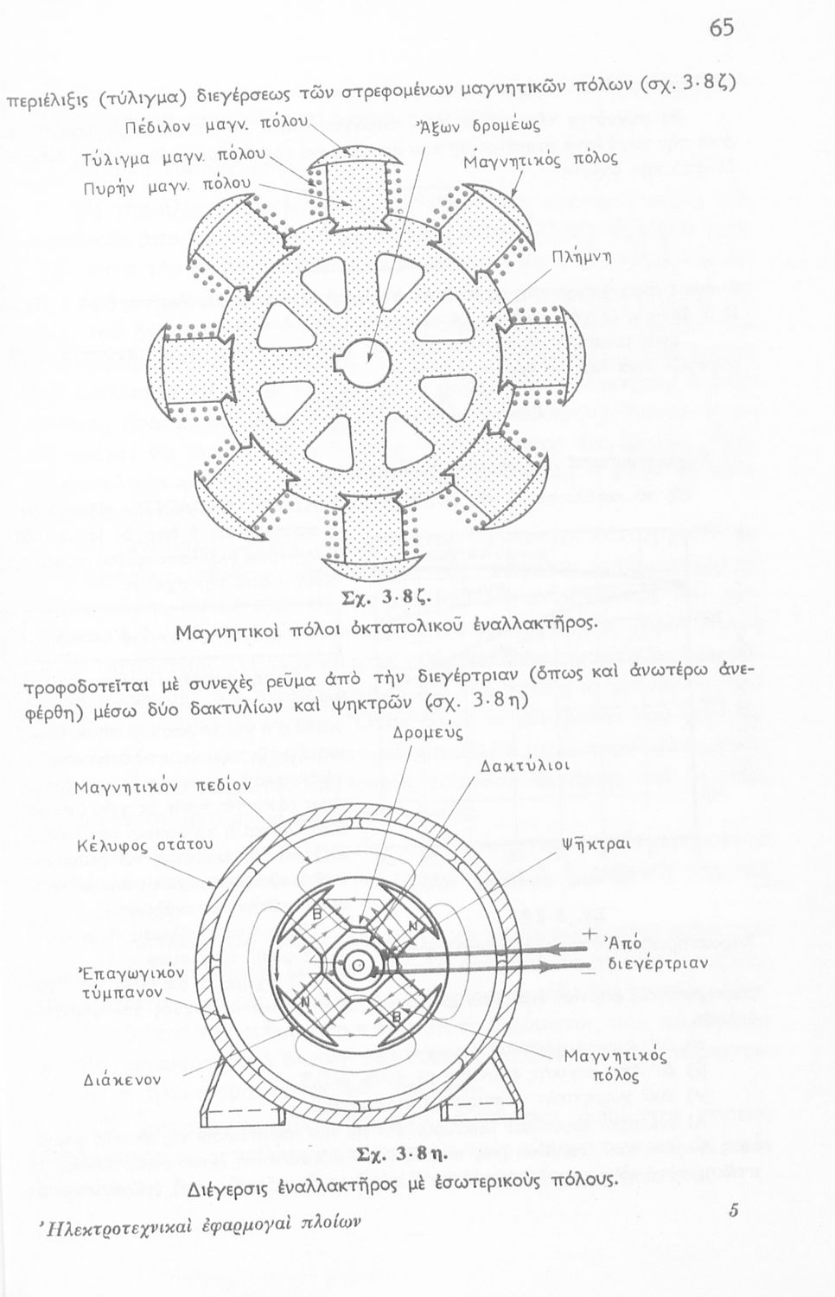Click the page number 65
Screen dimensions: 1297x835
tap(722, 28)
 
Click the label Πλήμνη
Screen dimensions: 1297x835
tap(582, 258)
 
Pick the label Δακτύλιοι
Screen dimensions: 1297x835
tap(526, 766)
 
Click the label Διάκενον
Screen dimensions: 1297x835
tap(123, 1079)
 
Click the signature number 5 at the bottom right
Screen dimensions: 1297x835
tap(732, 1211)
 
